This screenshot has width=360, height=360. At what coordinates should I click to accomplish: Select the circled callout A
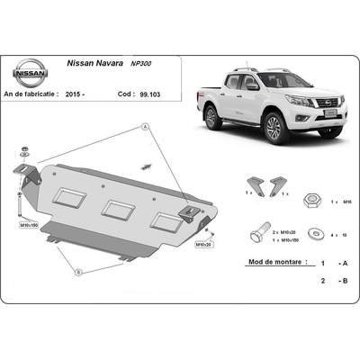[x=144, y=130]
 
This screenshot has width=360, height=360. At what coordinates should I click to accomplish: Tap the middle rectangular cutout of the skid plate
[x=117, y=209]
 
